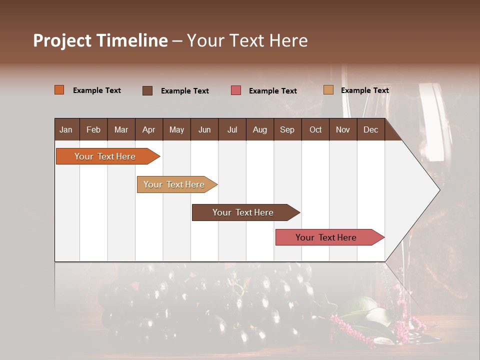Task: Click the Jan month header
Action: [66, 130]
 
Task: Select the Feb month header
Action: [93, 130]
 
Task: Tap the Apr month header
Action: [148, 130]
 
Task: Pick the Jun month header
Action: [204, 130]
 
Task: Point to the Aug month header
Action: [259, 130]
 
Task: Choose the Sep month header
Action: [287, 130]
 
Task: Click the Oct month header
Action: [315, 130]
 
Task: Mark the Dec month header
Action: [370, 130]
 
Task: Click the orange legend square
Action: [59, 90]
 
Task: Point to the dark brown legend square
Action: [147, 90]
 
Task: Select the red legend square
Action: [236, 90]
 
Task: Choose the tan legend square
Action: [328, 90]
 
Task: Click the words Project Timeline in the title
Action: [100, 40]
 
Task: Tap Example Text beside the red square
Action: [272, 91]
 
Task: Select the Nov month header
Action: [342, 130]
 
